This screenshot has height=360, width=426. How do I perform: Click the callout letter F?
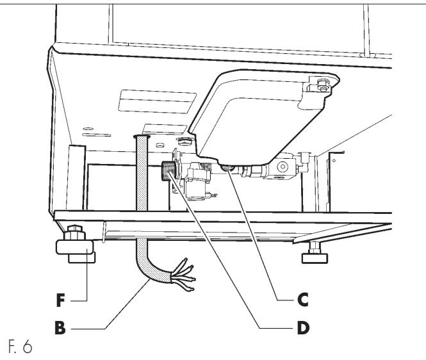(x=60, y=300)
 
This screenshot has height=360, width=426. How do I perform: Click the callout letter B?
(x=60, y=327)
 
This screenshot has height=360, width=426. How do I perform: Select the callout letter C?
(x=302, y=300)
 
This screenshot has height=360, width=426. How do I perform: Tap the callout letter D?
(x=303, y=328)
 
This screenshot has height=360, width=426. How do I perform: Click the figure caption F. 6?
(x=20, y=346)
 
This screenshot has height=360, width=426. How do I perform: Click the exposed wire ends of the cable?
(x=183, y=275)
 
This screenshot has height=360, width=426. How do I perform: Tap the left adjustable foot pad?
(x=75, y=247)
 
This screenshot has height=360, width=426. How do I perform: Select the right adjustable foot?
(x=315, y=252)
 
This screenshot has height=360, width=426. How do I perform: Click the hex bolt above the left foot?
(x=74, y=233)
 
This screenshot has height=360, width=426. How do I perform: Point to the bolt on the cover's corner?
(x=323, y=85)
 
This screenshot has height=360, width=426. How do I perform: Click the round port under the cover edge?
(x=227, y=168)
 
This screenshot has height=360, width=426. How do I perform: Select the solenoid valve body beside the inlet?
(x=196, y=181)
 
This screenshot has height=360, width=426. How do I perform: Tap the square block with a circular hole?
(x=283, y=166)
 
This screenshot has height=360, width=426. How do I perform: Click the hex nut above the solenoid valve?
(x=184, y=142)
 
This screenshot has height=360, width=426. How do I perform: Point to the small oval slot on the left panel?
(x=88, y=129)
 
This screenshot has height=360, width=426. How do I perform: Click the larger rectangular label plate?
(x=157, y=101)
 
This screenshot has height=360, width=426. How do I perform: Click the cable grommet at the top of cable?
(x=142, y=136)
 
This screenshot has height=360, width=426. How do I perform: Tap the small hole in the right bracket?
(x=334, y=161)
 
